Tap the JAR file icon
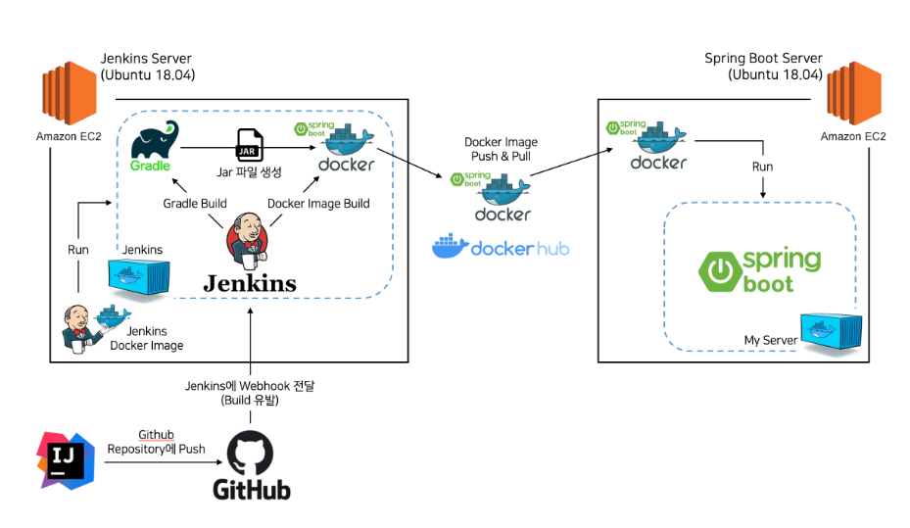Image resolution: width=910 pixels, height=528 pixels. [x=250, y=145]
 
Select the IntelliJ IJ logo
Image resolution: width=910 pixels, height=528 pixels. [x=66, y=460]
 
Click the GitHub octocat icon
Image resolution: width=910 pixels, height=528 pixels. [x=250, y=454]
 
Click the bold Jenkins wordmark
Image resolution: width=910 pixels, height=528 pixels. [x=250, y=283]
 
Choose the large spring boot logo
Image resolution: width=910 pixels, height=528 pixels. [x=760, y=270]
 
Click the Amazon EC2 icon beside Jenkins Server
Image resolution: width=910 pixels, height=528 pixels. [x=70, y=93]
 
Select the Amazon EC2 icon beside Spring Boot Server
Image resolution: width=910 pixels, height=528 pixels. [x=854, y=93]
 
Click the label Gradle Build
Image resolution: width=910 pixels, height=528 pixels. [x=195, y=204]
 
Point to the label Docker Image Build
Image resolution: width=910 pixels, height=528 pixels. [x=318, y=204]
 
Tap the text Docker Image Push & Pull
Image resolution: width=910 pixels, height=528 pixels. [x=501, y=149]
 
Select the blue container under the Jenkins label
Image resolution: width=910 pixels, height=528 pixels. [x=139, y=276]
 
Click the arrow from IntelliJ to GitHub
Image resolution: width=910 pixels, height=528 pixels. [x=164, y=461]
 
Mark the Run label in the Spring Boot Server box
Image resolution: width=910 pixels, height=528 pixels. [x=763, y=167]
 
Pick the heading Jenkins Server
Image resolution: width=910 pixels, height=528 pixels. [x=146, y=59]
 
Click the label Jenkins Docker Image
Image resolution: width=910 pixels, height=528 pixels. [x=147, y=338]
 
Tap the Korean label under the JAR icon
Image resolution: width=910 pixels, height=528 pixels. [x=249, y=172]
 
